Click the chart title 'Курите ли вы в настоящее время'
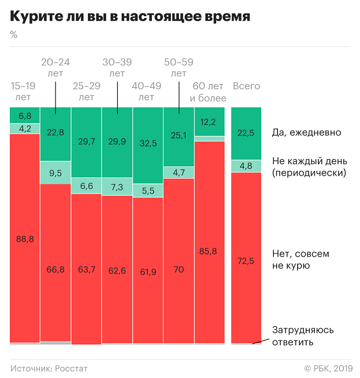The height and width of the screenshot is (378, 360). tap(131, 17)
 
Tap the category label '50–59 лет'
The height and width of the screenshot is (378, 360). tap(179, 68)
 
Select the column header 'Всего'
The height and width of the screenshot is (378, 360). tap(246, 86)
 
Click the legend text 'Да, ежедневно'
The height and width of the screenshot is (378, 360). tap(306, 132)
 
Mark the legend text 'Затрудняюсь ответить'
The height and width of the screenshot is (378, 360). tap(303, 336)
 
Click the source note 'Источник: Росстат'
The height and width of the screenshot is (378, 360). tap(49, 368)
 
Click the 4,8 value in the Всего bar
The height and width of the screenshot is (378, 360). tap(246, 165)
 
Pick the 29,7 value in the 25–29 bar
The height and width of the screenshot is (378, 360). tap(86, 142)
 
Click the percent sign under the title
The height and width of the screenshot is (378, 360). tap(14, 35)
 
